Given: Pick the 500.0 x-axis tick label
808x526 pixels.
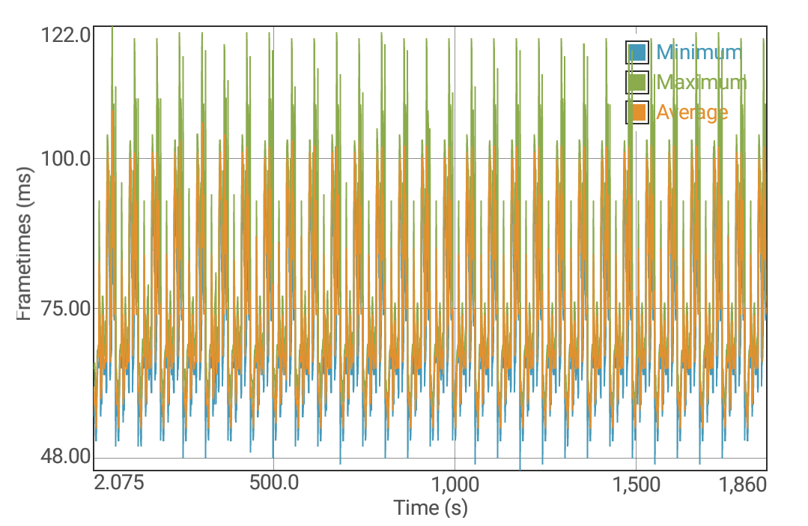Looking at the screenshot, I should point(274,483).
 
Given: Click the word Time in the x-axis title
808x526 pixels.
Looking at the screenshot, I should point(416,508).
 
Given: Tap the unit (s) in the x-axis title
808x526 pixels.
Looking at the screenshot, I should point(455,508).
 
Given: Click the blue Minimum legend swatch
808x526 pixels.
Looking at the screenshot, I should point(637,52).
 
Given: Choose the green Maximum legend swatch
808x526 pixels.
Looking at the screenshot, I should point(637,82).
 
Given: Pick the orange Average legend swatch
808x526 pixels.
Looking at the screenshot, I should point(637,112).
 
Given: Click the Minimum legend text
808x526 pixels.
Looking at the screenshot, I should point(699,52).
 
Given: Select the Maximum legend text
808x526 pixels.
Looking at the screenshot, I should point(701,82).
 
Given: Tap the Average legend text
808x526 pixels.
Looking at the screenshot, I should point(692,112).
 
